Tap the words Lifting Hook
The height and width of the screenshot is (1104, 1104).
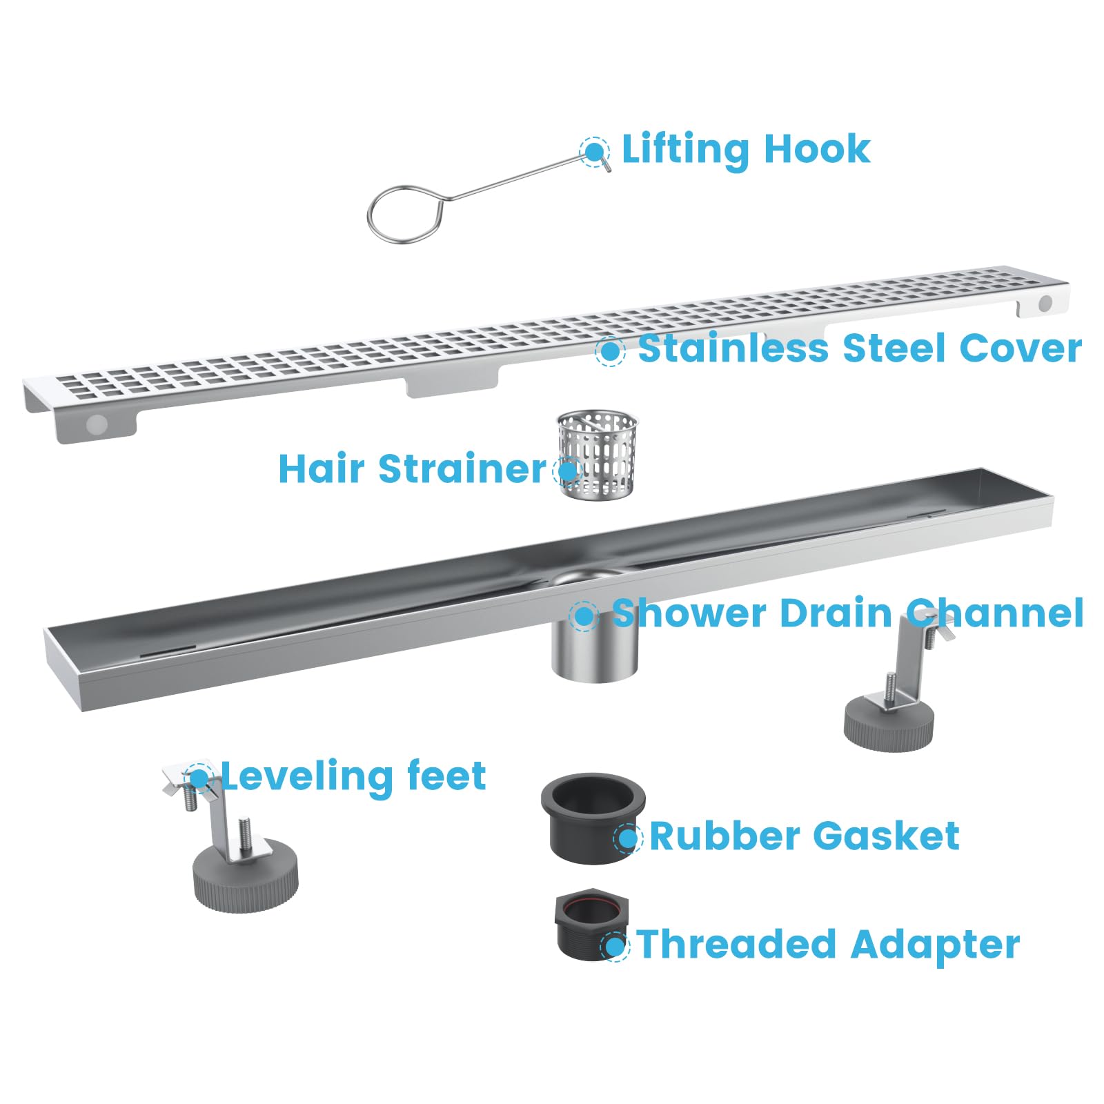click(745, 150)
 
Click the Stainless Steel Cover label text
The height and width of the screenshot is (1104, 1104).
click(859, 348)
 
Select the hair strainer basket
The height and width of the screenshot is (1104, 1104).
click(596, 455)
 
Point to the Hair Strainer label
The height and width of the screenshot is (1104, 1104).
click(412, 469)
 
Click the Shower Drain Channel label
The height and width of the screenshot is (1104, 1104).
click(847, 613)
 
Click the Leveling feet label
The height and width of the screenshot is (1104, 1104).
click(353, 776)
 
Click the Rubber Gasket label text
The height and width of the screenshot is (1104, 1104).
click(804, 836)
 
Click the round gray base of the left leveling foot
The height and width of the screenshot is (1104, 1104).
click(246, 880)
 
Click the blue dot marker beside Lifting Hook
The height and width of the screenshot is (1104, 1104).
click(593, 151)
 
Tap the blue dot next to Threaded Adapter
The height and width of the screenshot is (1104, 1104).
click(615, 945)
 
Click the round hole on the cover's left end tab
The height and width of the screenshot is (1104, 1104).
click(97, 424)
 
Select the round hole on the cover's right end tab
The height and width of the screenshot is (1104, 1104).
click(1045, 303)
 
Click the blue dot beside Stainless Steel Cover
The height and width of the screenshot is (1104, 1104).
click(610, 351)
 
